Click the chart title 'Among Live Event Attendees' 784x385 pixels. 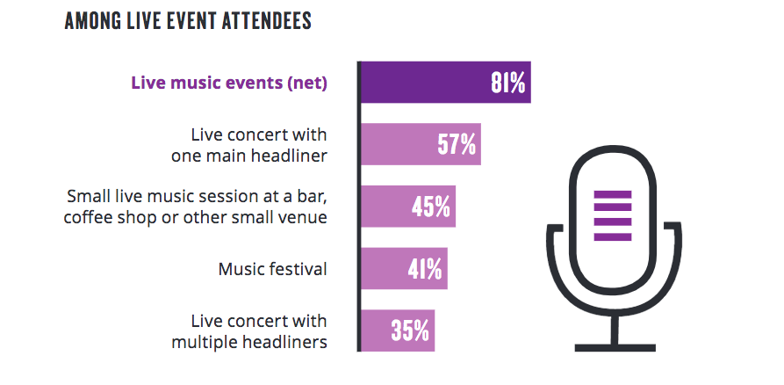pyautogui.click(x=188, y=22)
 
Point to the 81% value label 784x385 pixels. pyautogui.click(x=507, y=84)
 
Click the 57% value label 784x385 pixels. pyautogui.click(x=457, y=144)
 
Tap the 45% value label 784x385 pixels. pyautogui.click(x=431, y=207)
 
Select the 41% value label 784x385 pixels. pyautogui.click(x=424, y=268)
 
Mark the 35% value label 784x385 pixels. pyautogui.click(x=410, y=331)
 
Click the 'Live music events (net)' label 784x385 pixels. pyautogui.click(x=228, y=84)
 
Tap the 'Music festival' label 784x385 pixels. pyautogui.click(x=272, y=268)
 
